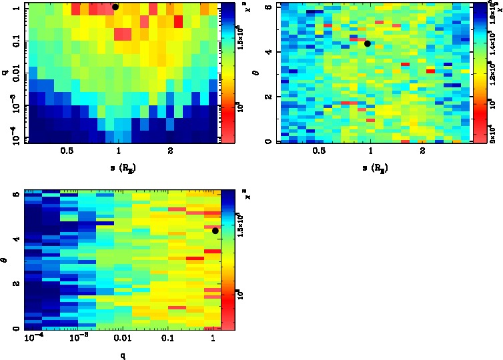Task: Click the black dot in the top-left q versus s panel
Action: (115, 7)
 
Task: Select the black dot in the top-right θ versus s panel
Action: (368, 43)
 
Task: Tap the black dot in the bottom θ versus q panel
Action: (215, 231)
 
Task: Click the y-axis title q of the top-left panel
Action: (6, 73)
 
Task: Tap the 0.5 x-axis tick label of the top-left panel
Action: (66, 152)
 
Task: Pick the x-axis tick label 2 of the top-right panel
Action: (423, 152)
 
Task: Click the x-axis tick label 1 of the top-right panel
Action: (371, 152)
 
